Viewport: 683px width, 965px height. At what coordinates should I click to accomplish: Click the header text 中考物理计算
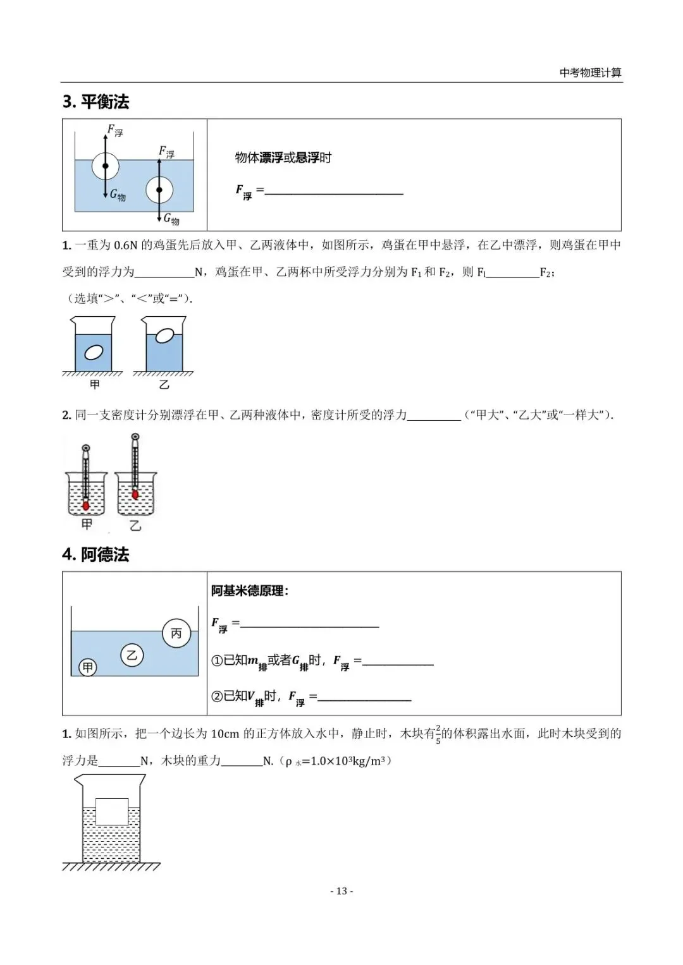(590, 73)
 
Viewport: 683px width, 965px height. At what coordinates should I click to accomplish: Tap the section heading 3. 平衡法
(96, 102)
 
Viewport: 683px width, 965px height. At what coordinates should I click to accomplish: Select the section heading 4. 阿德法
(96, 554)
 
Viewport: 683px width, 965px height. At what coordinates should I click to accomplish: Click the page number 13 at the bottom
(341, 891)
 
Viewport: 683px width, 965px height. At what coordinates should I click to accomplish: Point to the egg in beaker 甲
(94, 352)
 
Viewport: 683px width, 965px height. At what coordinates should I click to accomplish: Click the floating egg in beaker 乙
(165, 336)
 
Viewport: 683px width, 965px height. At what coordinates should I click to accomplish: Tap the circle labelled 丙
(176, 633)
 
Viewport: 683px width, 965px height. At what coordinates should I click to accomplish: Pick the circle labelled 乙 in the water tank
(132, 655)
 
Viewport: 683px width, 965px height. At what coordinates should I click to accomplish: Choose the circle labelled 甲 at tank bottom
(87, 667)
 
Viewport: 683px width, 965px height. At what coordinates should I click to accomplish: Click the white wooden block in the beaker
(112, 811)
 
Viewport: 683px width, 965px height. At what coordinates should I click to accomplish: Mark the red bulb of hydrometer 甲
(86, 506)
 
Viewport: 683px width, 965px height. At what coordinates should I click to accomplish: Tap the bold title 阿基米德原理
(250, 591)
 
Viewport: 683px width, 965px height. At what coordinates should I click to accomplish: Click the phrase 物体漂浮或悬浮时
(283, 157)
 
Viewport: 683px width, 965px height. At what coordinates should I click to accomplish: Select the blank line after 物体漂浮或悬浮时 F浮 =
(334, 190)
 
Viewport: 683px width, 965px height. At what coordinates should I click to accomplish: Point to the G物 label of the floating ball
(118, 195)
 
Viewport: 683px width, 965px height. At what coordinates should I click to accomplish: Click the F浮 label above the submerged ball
(166, 152)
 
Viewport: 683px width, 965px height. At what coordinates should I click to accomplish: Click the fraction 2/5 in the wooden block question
(438, 734)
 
